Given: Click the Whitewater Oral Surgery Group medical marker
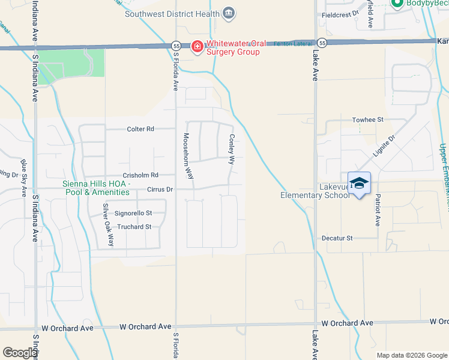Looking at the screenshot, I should tap(197, 47).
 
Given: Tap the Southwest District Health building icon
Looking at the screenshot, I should tap(228, 13).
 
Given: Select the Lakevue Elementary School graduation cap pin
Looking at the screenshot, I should tap(359, 183).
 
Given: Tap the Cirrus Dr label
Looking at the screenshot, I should tap(160, 190).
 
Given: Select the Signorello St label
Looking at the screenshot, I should tap(133, 213).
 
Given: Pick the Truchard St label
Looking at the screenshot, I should tap(134, 227).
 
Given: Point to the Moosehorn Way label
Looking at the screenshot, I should tap(188, 157).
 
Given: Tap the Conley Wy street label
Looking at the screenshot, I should tap(231, 149).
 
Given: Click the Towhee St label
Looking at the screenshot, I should tap(367, 120).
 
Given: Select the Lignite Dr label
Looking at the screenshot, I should tap(384, 146).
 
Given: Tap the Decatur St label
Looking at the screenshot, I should tap(336, 238).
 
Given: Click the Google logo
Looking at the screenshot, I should tap(20, 353).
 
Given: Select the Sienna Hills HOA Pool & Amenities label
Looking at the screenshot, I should tap(96, 188).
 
